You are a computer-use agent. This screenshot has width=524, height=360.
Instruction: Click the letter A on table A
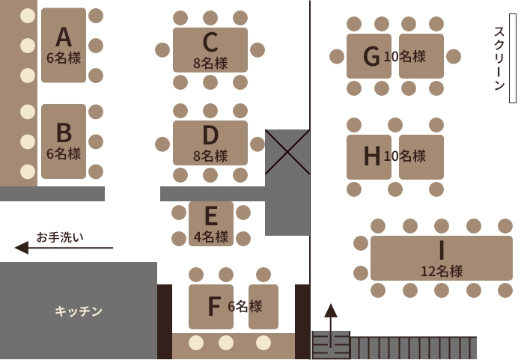64,37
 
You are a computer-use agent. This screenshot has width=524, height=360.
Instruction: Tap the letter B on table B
64,132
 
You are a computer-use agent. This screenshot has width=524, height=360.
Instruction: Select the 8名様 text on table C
210,63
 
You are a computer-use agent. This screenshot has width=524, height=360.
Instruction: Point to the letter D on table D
210,135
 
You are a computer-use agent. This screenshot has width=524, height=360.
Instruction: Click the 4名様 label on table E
211,237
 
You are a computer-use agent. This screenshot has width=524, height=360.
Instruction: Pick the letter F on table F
214,306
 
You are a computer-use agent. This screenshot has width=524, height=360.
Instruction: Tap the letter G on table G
371,56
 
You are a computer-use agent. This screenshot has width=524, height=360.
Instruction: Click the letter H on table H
371,156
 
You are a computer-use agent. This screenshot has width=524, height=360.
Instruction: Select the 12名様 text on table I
442,271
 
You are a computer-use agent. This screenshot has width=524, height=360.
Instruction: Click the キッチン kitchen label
79,311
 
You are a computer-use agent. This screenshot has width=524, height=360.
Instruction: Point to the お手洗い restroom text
60,237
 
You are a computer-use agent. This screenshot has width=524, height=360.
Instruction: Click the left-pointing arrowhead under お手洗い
22,248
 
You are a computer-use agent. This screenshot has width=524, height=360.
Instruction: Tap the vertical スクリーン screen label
499,58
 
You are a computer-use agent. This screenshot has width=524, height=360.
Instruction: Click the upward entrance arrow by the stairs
331,326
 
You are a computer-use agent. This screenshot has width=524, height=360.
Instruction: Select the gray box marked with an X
287,152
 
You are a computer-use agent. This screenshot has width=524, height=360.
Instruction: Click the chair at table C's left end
162,50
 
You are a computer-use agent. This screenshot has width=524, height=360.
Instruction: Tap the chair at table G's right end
454,56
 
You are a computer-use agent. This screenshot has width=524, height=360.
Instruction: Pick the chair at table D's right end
258,144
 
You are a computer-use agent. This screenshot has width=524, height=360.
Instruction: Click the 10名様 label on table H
405,156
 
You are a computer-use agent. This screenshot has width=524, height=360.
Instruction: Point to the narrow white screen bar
513,58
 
